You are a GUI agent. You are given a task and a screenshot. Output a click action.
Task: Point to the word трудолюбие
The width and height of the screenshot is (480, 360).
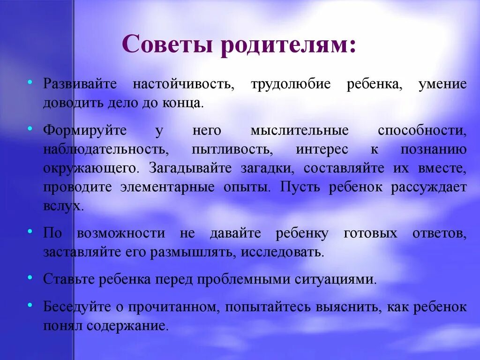291,84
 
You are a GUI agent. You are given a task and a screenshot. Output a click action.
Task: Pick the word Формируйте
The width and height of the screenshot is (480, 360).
85,130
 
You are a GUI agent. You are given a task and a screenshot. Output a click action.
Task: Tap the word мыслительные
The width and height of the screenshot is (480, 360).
300,130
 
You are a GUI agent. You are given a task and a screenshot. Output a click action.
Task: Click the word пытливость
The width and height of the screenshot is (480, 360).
231,150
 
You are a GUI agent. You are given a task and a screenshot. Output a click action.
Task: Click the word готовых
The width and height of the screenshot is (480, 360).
370,233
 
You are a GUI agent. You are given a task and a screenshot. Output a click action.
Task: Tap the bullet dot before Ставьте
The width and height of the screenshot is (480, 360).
30,278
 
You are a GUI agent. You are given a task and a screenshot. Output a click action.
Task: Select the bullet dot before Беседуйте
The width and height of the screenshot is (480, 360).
30,305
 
